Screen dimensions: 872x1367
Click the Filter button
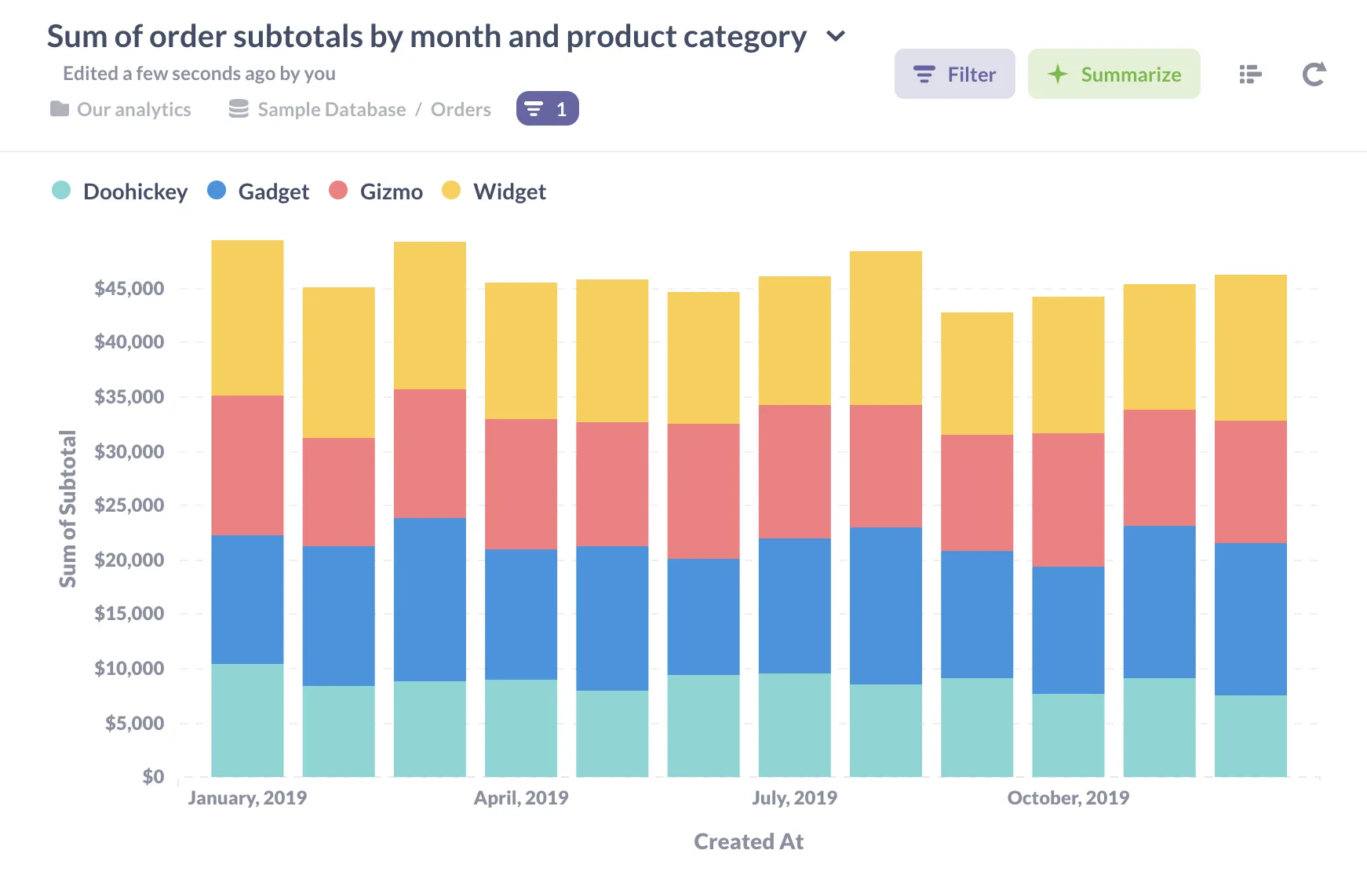pyautogui.click(x=954, y=75)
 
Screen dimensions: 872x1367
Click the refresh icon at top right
pyautogui.click(x=1314, y=75)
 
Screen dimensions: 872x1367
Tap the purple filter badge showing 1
pyautogui.click(x=547, y=109)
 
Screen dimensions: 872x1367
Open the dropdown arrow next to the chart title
pyautogui.click(x=836, y=36)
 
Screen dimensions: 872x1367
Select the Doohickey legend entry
pyautogui.click(x=134, y=192)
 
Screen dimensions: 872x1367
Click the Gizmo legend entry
pyautogui.click(x=390, y=192)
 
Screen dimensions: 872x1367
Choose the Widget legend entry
pyautogui.click(x=509, y=192)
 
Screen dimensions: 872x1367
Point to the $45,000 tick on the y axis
pyautogui.click(x=129, y=289)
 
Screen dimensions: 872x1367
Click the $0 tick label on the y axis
pyautogui.click(x=153, y=777)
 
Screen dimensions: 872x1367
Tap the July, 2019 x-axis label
pyautogui.click(x=794, y=798)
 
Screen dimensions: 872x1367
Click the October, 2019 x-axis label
pyautogui.click(x=1068, y=798)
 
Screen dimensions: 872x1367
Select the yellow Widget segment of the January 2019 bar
pyautogui.click(x=247, y=318)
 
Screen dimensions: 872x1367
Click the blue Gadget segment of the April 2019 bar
pyautogui.click(x=521, y=614)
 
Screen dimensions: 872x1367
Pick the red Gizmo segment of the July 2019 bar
pyautogui.click(x=794, y=471)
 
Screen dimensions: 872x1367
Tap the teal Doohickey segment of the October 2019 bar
pyautogui.click(x=1068, y=735)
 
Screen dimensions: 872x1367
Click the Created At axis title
pyautogui.click(x=748, y=841)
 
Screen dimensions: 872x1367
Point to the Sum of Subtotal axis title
pyautogui.click(x=67, y=509)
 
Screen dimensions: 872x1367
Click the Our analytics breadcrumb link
pyautogui.click(x=133, y=110)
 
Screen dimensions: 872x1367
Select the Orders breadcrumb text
pyautogui.click(x=461, y=110)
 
